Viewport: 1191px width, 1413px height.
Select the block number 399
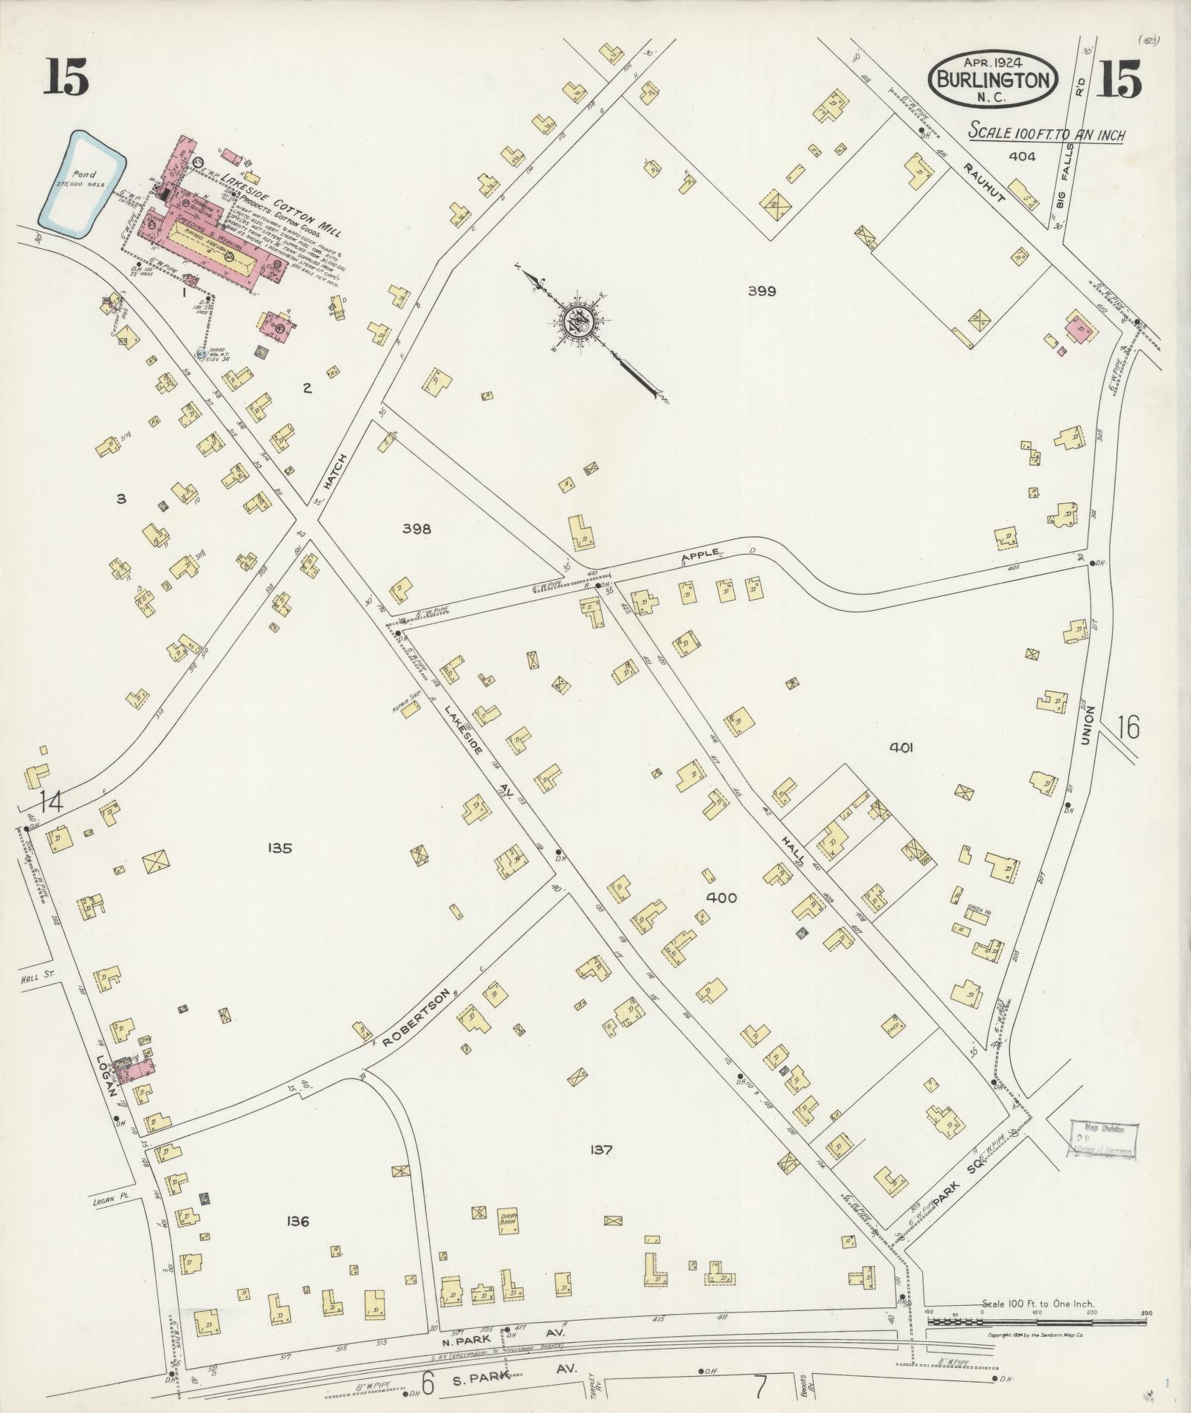coord(761,291)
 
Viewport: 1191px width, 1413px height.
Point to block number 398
coord(416,528)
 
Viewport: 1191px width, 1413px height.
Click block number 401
coord(902,747)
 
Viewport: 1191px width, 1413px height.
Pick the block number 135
coord(281,848)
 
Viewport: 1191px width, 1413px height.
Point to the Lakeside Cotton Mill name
coord(289,208)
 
